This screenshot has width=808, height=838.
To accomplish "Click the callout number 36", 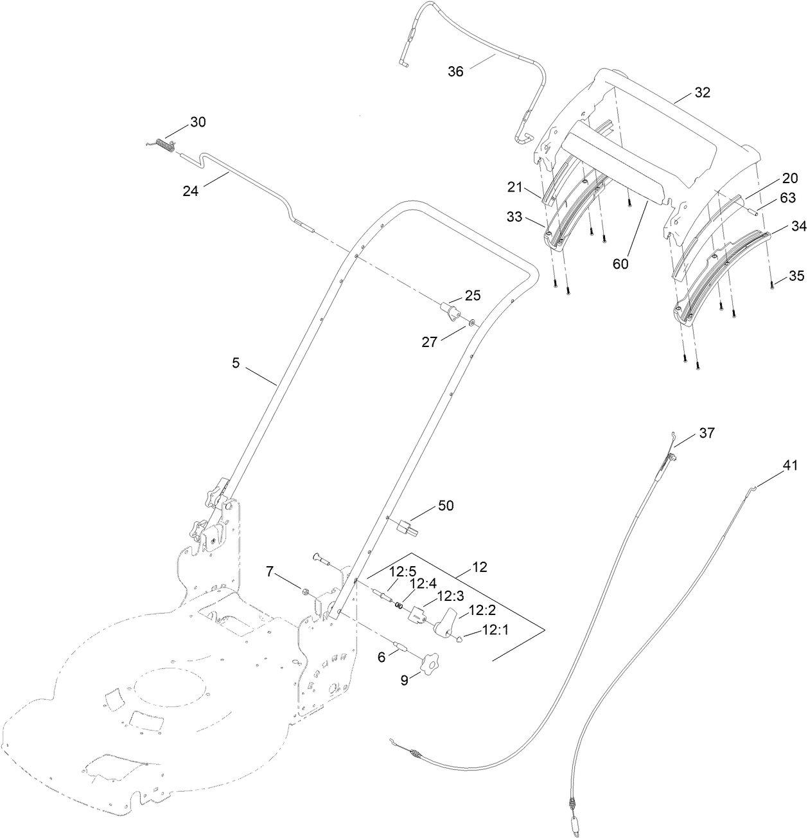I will tap(455, 71).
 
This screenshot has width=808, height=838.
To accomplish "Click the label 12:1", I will tap(495, 630).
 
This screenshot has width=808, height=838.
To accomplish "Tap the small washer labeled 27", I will tap(472, 322).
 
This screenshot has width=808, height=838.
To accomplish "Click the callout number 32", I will tap(702, 93).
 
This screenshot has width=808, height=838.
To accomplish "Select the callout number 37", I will tap(707, 433).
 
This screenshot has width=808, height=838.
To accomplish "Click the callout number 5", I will tap(236, 364).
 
